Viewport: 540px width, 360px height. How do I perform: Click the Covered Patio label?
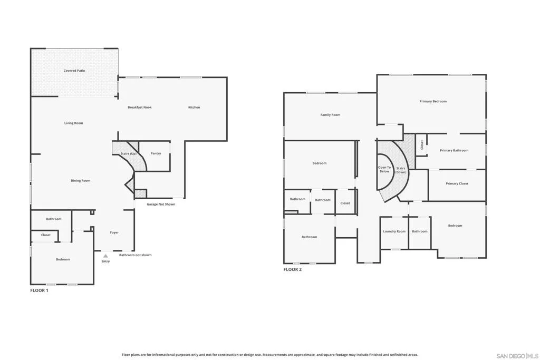74,71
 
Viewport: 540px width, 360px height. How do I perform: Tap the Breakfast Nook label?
139,108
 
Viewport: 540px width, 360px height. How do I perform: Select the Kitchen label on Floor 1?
194,108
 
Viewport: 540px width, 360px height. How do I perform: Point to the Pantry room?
155,156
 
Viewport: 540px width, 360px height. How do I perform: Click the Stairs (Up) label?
128,153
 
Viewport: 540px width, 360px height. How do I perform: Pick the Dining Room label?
81,181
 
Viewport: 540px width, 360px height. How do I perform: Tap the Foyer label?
114,232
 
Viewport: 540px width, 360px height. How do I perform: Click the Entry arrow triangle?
105,256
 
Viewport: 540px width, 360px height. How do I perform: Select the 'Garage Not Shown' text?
161,205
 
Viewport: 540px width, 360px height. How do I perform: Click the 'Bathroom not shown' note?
136,255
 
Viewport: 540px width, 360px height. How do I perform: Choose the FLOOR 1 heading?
39,290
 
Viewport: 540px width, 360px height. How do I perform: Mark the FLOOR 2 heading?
292,269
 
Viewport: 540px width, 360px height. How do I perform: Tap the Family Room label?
330,115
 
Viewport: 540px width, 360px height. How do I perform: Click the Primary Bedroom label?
433,102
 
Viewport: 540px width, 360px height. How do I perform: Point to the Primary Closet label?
457,184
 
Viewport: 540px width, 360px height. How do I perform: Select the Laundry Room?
394,232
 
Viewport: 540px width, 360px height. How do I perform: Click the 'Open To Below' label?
384,169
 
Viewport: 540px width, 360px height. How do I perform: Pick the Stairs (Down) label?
401,170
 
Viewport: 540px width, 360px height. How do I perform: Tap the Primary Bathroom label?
454,150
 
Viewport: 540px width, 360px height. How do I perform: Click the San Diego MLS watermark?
517,356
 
